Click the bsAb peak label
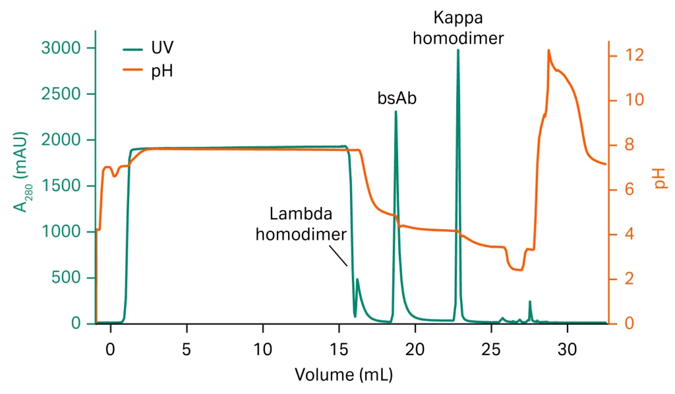pyautogui.click(x=397, y=99)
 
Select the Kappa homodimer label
pyautogui.click(x=458, y=27)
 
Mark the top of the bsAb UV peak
pyautogui.click(x=396, y=112)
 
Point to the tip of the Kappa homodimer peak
pyautogui.click(x=457, y=50)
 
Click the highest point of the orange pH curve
pyautogui.click(x=548, y=50)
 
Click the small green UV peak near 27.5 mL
pyautogui.click(x=530, y=302)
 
